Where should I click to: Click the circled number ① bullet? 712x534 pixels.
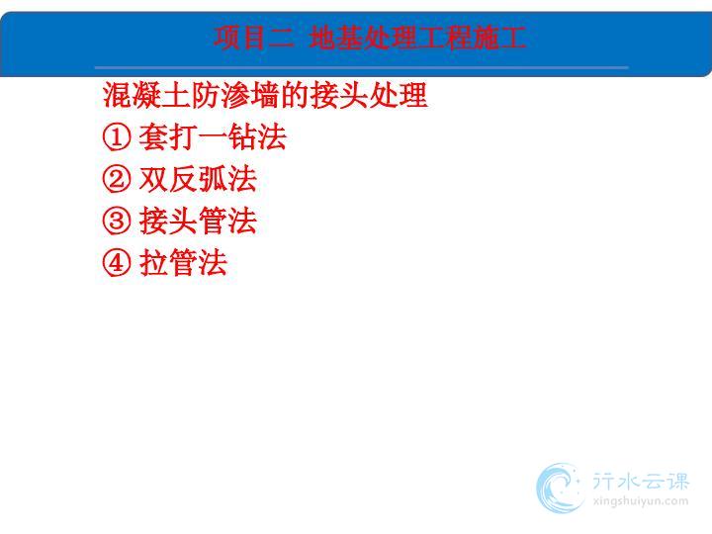117,137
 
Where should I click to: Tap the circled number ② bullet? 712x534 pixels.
117,179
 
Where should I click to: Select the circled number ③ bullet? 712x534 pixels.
117,221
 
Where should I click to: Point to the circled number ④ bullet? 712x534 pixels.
117,262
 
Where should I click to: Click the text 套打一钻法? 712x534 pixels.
213,136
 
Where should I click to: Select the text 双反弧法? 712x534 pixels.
198,178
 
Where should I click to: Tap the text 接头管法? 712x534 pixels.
198,221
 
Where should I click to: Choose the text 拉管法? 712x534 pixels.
183,262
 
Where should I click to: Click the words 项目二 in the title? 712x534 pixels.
254,38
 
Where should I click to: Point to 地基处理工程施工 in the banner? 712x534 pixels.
417,38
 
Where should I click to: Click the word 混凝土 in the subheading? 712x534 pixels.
146,95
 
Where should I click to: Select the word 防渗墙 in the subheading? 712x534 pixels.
234,95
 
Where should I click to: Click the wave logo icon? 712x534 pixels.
560,489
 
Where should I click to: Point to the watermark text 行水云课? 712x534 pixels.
641,481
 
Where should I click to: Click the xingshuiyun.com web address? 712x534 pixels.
640,501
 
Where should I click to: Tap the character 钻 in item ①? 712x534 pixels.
242,136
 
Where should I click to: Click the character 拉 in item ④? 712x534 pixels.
153,262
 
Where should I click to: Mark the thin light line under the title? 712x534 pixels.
362,67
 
